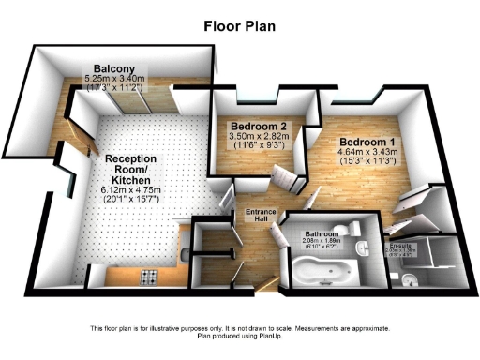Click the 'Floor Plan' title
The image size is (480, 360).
pos(239,25)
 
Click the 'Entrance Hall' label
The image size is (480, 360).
pos(262,217)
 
